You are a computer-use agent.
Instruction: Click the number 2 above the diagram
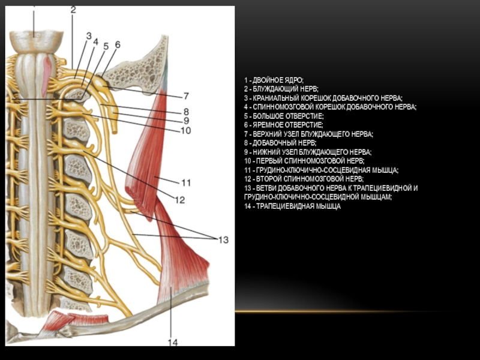tap(73, 10)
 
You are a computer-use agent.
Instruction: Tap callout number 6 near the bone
tap(118, 44)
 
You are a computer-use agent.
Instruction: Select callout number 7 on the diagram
tap(186, 96)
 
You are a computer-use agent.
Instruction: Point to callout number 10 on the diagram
tap(186, 131)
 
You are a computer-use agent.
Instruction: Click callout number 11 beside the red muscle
tap(186, 183)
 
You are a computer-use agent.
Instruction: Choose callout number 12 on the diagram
tap(180, 200)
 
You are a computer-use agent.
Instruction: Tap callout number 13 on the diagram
tap(223, 239)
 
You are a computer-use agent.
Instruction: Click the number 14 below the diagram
tap(173, 342)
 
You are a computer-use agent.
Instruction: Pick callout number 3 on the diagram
tap(89, 36)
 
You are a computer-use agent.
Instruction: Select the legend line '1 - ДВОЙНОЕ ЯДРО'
tap(274, 80)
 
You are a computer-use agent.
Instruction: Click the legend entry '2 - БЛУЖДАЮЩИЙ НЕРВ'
tap(281, 89)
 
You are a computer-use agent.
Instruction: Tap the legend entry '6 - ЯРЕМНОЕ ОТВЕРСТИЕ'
tap(283, 125)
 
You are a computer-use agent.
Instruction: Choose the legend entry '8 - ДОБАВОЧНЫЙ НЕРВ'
tap(280, 143)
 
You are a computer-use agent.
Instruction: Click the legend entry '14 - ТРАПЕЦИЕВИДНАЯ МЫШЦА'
tap(292, 206)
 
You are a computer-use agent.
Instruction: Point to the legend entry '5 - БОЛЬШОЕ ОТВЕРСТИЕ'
tap(284, 116)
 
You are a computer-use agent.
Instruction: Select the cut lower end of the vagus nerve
tap(114, 130)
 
